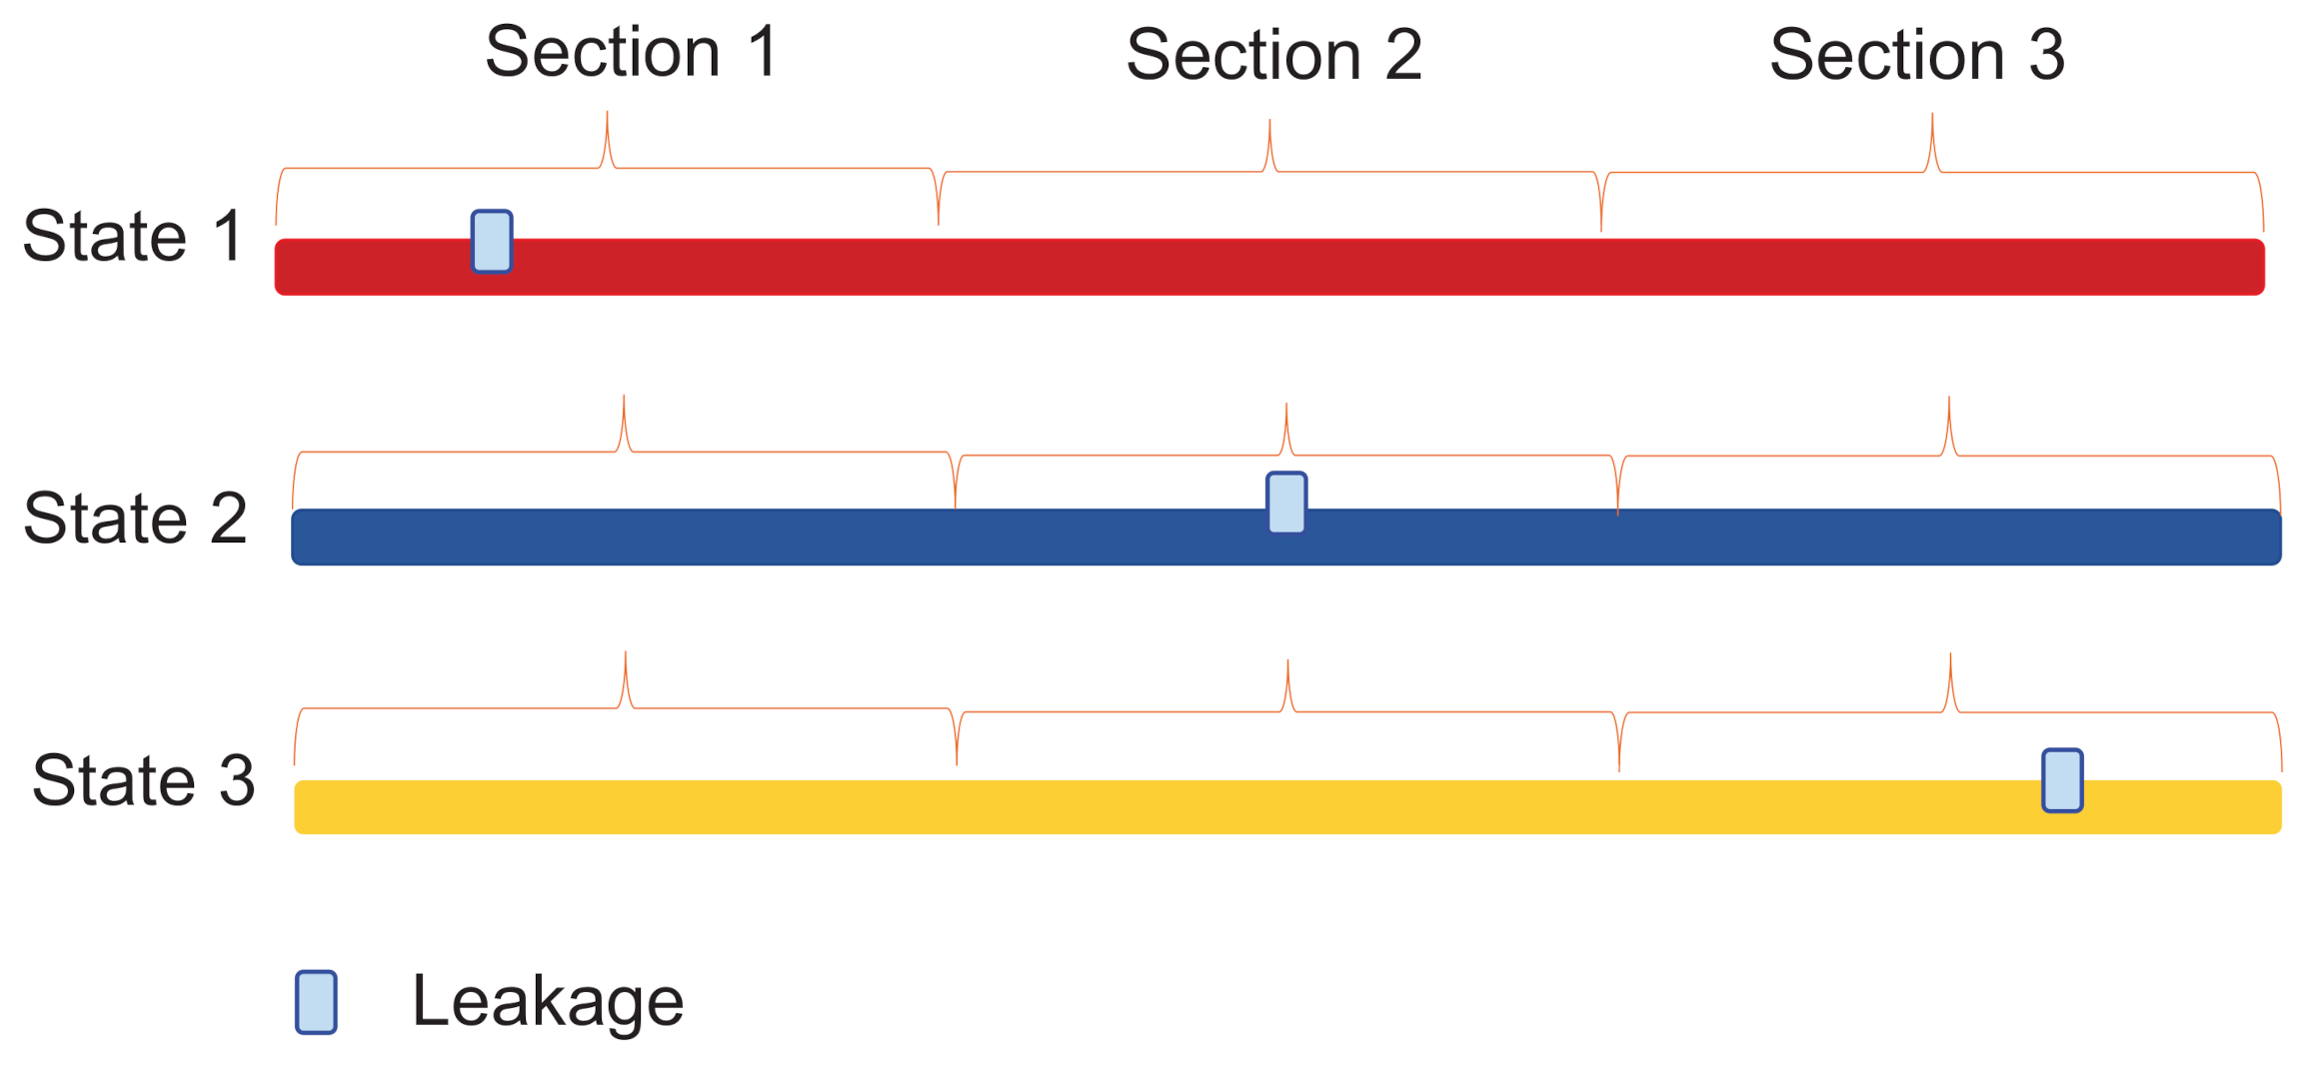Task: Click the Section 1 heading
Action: pos(631,52)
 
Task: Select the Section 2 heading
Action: pos(1273,55)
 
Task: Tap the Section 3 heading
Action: pos(1916,55)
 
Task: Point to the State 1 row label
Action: pos(132,237)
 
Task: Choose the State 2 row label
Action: pos(135,519)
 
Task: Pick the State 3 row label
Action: pos(143,780)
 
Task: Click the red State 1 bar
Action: pos(1299,268)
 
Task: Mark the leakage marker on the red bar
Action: pos(492,242)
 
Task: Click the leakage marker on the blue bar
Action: pos(1286,504)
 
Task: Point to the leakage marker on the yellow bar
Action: pos(2062,780)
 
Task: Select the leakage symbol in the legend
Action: pos(316,1002)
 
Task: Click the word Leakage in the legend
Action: pos(548,1001)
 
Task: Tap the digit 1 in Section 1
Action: pos(763,52)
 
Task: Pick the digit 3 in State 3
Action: pos(237,780)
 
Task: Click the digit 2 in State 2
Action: pos(229,519)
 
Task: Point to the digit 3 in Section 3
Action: pos(2046,55)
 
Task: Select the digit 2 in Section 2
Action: pos(1403,55)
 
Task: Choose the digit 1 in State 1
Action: pos(229,237)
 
